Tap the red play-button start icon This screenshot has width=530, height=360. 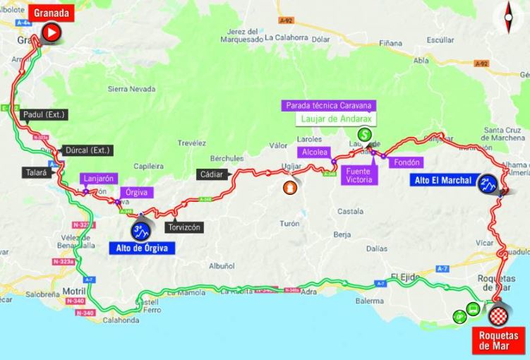click(50, 32)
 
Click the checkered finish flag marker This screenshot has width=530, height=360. click(500, 315)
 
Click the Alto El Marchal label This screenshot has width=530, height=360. click(443, 181)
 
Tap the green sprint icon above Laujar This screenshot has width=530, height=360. click(364, 134)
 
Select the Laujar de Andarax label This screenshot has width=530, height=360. click(329, 119)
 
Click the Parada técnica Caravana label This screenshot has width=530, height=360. click(329, 106)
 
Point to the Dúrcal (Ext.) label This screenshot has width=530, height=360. click(87, 150)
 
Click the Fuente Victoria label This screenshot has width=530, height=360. click(359, 175)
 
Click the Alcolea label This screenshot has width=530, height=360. click(313, 152)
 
